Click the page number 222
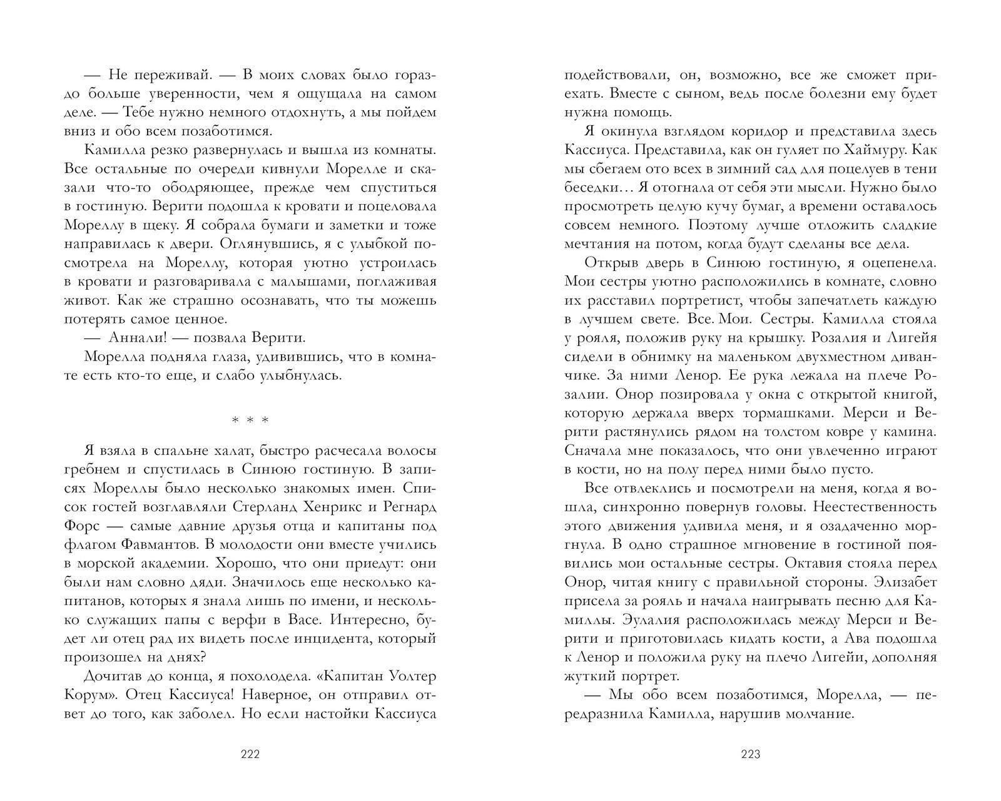point(250,754)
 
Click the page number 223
point(749,754)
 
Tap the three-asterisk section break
point(250,420)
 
